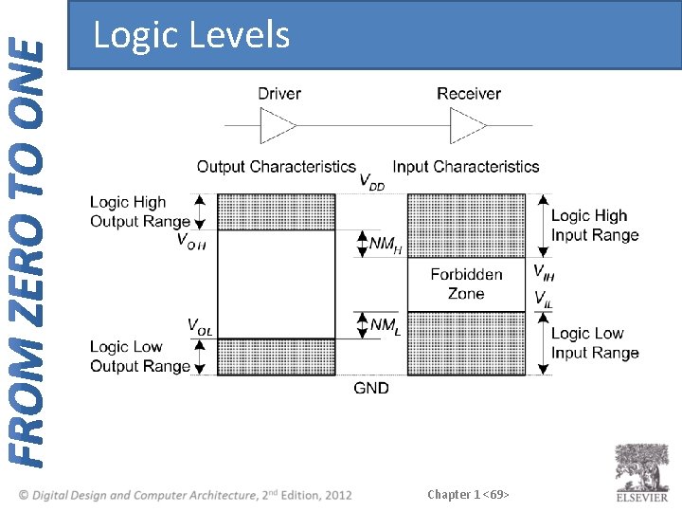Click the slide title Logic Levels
tap(191, 35)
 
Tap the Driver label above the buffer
tap(279, 93)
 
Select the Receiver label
tap(469, 93)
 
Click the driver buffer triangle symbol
tap(278, 124)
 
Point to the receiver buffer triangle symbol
tap(467, 124)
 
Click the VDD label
tap(372, 181)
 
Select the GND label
tap(371, 388)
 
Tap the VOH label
tap(192, 240)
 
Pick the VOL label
tap(199, 327)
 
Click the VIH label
tap(543, 272)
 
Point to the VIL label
tap(543, 299)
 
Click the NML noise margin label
tap(385, 326)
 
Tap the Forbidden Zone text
tap(466, 283)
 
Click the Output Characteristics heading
tap(276, 167)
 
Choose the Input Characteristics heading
tap(466, 167)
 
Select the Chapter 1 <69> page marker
tap(469, 494)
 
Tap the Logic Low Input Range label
tap(595, 343)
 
